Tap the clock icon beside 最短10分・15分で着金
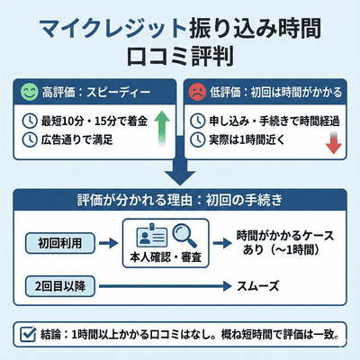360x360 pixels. pos(29,121)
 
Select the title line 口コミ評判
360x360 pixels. pos(180,57)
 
